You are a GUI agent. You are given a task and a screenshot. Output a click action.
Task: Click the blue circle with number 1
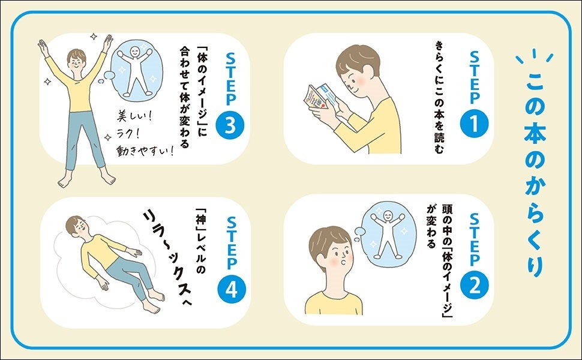(x=474, y=124)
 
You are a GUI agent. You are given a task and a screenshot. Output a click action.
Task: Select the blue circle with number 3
(x=230, y=125)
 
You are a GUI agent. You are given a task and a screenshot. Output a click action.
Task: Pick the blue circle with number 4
(x=231, y=289)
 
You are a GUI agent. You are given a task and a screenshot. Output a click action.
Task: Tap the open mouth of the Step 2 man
(x=346, y=262)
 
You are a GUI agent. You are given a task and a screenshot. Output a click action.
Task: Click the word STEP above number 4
(x=231, y=243)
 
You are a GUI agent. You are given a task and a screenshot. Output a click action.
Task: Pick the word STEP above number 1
(x=475, y=77)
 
